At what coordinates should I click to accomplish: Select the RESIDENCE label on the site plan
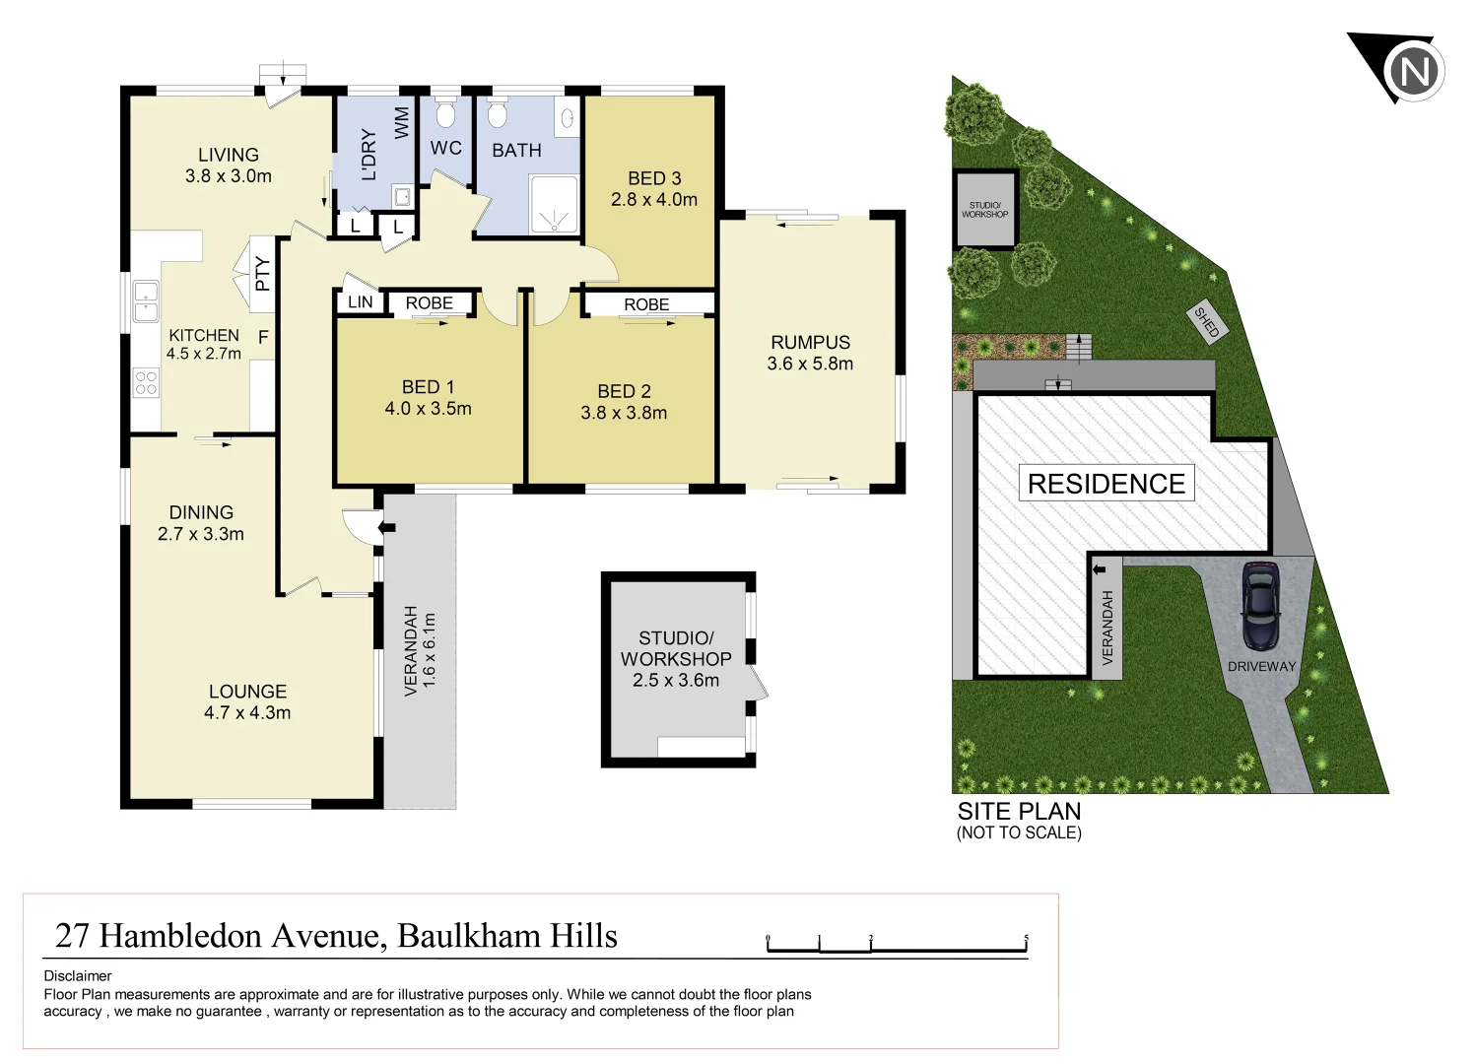1106,484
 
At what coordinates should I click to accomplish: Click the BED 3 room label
654,178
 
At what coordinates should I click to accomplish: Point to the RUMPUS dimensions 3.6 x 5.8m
810,364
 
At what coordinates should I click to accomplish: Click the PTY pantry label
262,274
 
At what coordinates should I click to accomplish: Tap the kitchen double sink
146,301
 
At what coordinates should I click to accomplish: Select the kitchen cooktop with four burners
146,382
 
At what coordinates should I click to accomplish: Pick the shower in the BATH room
554,204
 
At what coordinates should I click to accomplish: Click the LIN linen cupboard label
361,302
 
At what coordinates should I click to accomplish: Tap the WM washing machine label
402,123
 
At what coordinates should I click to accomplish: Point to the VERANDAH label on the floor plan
412,651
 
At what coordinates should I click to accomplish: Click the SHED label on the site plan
1207,322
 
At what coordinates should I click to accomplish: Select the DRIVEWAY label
1261,667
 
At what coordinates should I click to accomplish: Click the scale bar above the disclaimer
897,946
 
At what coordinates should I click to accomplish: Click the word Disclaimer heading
78,976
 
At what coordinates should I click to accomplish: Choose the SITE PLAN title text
1019,812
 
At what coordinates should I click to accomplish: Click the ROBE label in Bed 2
646,304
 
